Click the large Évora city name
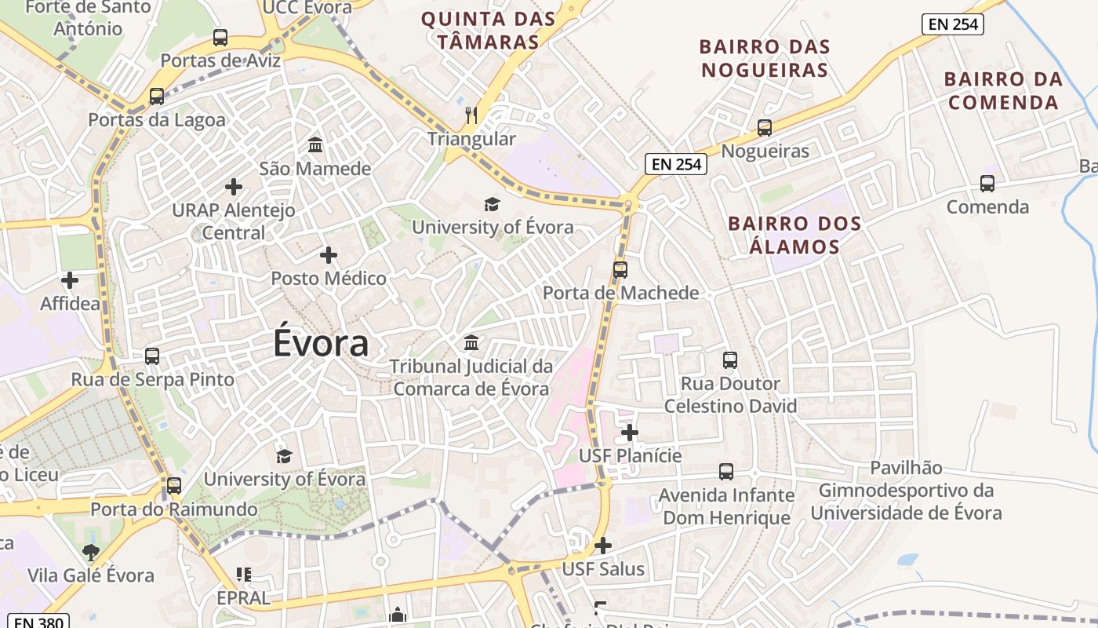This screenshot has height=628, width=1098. tap(321, 344)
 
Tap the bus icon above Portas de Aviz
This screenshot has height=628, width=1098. tap(220, 37)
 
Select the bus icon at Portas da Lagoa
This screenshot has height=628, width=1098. tap(157, 97)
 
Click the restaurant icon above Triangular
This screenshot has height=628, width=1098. tap(471, 115)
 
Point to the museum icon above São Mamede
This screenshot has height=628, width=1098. tap(315, 145)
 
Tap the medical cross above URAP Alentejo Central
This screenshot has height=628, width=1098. tap(233, 187)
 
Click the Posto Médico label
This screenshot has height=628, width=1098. tap(329, 278)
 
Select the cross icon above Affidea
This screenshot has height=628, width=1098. tap(70, 279)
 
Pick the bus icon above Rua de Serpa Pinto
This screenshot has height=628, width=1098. tap(152, 356)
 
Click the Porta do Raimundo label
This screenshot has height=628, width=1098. tap(174, 509)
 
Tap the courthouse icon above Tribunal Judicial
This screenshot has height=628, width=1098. tap(471, 343)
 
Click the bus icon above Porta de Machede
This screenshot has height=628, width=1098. tap(620, 270)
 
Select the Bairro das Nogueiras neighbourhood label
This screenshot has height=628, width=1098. tap(765, 58)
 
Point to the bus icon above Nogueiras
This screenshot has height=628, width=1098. tap(765, 128)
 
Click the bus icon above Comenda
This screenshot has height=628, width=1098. tap(987, 184)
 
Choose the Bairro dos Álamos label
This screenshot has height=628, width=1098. tap(794, 235)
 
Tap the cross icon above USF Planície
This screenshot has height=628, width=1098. tap(630, 433)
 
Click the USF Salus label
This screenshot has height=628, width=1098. tap(603, 569)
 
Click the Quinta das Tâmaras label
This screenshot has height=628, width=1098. tap(488, 30)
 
